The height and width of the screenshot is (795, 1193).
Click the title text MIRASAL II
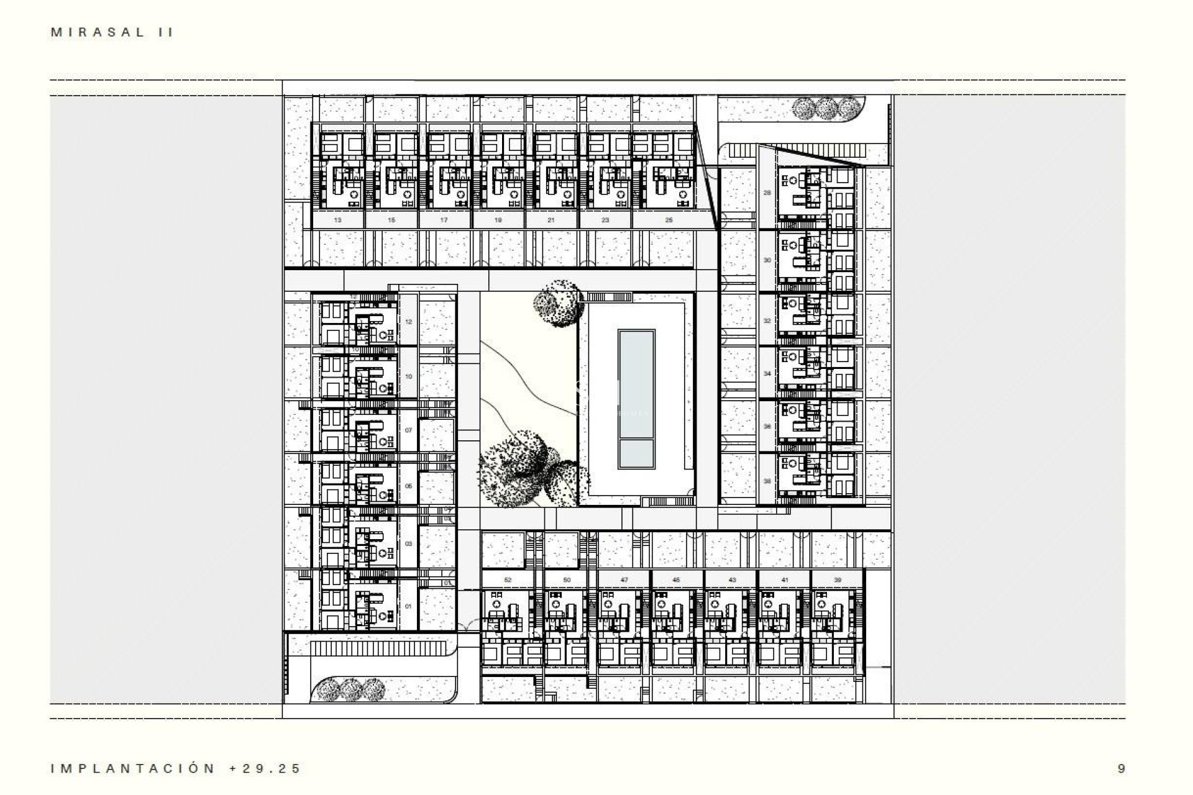pos(112,32)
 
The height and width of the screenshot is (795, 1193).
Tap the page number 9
pos(1121,768)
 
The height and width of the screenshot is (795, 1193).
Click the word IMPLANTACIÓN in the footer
pos(133,768)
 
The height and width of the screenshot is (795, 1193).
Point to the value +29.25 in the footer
pos(265,768)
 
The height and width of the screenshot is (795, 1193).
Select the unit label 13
pos(337,220)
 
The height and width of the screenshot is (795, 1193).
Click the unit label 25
pos(669,220)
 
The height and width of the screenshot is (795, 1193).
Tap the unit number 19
pos(498,220)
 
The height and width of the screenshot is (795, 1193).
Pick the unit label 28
pos(767,193)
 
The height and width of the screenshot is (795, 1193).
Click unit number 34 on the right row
pos(767,374)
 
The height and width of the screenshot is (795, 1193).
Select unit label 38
pos(767,481)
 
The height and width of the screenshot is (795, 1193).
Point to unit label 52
pos(508,579)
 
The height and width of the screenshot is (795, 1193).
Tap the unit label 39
pos(838,579)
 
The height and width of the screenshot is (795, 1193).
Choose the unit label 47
pos(624,579)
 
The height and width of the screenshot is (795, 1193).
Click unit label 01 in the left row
pos(408,606)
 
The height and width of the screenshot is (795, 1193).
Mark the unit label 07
pos(408,430)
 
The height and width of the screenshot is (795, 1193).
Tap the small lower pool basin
pos(636,454)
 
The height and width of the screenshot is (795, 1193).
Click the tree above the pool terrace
pos(559,303)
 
